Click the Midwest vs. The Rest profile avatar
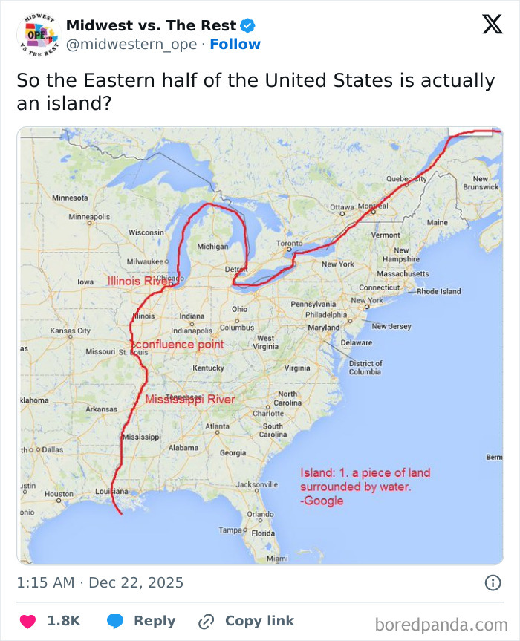pos(37,34)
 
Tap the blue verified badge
pos(248,25)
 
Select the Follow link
pos(235,45)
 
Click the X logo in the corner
pos(492,25)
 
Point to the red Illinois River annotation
pos(138,281)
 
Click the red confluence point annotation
pos(178,345)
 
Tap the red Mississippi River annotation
pos(190,400)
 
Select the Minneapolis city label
pos(89,217)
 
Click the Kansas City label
pos(70,330)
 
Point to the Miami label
pos(277,558)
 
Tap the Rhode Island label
pos(438,292)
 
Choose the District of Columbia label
pos(365,368)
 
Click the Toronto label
pos(290,244)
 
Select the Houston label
pos(59,494)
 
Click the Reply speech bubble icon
pos(115,621)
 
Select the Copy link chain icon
pos(207,621)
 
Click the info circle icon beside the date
pos(493,583)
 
